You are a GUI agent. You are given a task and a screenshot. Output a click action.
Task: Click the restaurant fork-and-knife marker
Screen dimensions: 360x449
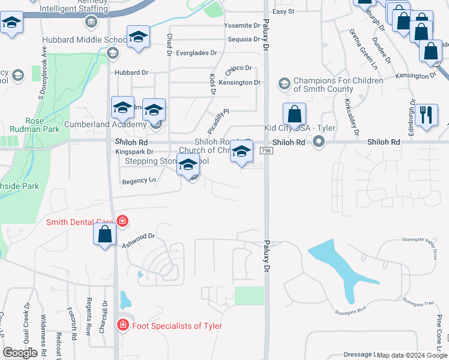[x=426, y=115]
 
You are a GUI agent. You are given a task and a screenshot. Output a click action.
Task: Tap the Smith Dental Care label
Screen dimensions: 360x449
[x=81, y=222]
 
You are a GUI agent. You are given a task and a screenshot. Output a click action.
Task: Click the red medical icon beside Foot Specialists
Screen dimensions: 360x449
[x=122, y=325]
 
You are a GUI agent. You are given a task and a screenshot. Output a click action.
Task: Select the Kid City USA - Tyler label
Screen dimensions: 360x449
[x=300, y=128]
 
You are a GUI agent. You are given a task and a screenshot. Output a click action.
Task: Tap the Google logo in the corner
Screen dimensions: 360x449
[x=20, y=353]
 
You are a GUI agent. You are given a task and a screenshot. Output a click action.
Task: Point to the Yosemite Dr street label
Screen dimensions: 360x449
[x=242, y=26]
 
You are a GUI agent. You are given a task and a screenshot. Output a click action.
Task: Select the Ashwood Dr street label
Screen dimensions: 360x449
[x=139, y=240]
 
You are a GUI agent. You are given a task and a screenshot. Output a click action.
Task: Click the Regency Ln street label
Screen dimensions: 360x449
[x=139, y=181]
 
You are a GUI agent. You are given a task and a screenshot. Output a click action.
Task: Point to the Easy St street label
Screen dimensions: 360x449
[x=283, y=11]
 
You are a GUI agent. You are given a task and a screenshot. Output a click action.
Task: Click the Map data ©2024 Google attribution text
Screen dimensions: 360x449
[x=412, y=355]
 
